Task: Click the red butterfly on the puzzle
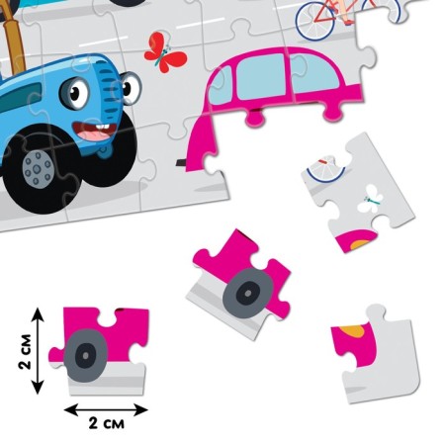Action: [164, 52]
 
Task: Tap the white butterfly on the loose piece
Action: [371, 199]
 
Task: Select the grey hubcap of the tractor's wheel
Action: [38, 169]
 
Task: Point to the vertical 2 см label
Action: [25, 351]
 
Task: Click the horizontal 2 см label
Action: [107, 423]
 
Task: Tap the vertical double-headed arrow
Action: [38, 351]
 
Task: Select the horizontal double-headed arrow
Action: [106, 410]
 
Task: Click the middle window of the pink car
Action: [260, 76]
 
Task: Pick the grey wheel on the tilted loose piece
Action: [248, 293]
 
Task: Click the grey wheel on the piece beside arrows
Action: [86, 355]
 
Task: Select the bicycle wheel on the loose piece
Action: [326, 171]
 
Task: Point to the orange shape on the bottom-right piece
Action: [355, 331]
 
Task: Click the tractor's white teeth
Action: [102, 127]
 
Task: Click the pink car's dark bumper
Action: [182, 162]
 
